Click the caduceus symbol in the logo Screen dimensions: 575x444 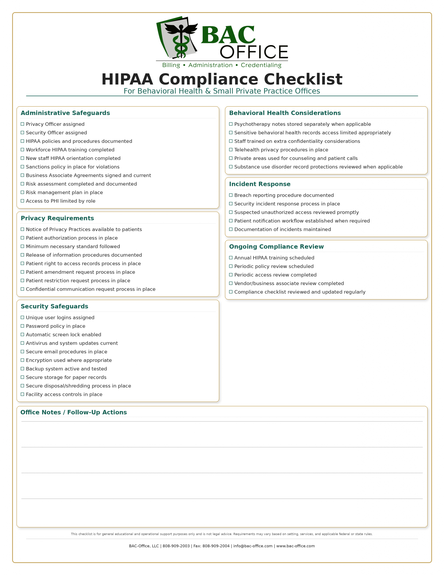point(181,40)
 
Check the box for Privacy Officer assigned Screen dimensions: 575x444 point(22,124)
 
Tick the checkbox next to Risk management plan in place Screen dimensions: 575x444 point(22,192)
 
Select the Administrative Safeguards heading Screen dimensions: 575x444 point(65,113)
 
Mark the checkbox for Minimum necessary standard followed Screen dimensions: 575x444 point(22,246)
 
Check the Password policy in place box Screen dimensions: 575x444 point(22,326)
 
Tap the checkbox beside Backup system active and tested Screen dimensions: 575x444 point(22,369)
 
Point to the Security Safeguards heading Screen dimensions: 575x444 point(54,306)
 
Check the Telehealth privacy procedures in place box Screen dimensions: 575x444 point(231,150)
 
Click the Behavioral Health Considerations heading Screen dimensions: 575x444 point(285,113)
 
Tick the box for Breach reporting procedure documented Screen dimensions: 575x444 point(231,195)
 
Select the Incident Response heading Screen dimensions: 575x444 point(259,184)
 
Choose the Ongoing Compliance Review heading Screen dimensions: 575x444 point(276,247)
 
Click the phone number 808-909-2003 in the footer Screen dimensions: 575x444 point(176,546)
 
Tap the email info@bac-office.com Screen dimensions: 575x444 point(253,546)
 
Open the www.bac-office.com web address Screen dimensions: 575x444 point(295,546)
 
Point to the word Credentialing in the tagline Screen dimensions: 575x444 point(261,65)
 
